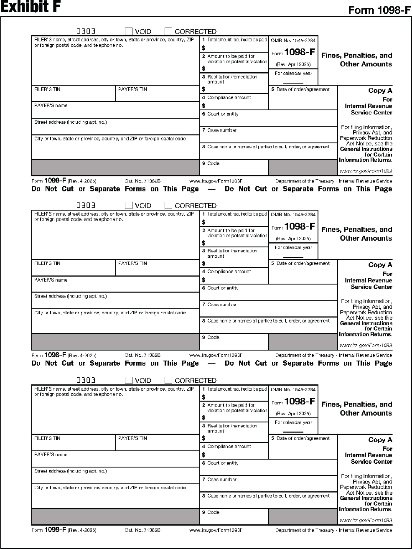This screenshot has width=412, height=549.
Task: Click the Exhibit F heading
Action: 31,7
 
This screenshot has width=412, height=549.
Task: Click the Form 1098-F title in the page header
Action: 379,10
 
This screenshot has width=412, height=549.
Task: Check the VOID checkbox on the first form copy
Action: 129,31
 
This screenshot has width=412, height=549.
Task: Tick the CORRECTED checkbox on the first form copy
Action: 168,31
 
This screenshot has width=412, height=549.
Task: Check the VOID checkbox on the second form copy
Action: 129,206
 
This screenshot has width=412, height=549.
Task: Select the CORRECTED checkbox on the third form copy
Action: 168,380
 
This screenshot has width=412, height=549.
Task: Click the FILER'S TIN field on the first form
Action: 73,96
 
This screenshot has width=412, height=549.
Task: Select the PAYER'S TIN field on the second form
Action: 157,270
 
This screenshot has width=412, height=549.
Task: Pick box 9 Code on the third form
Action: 234,518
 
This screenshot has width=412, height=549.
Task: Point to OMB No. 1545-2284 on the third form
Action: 293,389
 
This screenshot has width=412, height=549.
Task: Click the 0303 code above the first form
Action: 86,31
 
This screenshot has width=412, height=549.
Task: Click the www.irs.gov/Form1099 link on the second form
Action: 366,346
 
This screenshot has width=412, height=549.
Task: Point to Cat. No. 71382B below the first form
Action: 142,181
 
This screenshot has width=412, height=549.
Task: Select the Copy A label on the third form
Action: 380,440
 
